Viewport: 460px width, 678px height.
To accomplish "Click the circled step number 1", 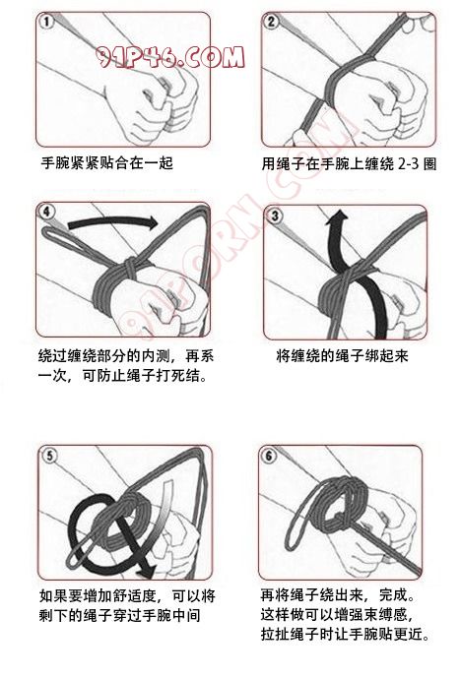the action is tap(46, 22).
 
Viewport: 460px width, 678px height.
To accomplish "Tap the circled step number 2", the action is tap(271, 22).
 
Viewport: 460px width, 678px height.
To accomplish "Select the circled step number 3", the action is tap(274, 216).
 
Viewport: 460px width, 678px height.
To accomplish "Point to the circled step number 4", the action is tap(47, 212).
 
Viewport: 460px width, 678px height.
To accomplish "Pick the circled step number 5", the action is tap(50, 456).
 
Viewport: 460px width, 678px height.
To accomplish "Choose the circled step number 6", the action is tap(269, 455).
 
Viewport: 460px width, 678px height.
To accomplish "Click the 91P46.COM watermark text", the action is tap(170, 57).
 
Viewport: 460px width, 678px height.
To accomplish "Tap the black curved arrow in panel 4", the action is tap(113, 222).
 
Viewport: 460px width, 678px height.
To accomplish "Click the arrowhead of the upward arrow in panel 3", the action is tap(338, 216).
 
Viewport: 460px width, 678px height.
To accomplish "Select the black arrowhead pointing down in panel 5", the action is tap(146, 571).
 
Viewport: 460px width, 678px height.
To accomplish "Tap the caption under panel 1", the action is tap(107, 163).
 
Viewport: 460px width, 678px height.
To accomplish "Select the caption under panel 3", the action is tap(342, 356).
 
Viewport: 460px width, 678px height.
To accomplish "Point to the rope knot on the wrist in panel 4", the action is tap(129, 267).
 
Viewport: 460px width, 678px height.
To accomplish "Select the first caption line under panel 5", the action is tap(127, 596).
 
